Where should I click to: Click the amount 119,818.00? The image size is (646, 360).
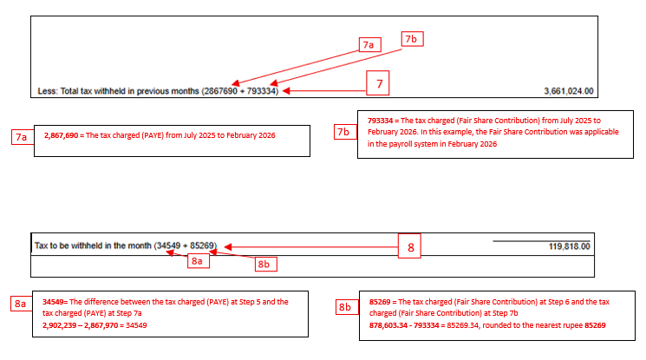[x=569, y=246]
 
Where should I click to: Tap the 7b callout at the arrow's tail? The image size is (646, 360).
[x=411, y=39]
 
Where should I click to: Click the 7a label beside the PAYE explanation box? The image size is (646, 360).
[x=22, y=136]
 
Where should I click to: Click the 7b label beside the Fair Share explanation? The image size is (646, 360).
[x=343, y=132]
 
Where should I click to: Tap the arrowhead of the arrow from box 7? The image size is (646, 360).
[x=284, y=89]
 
